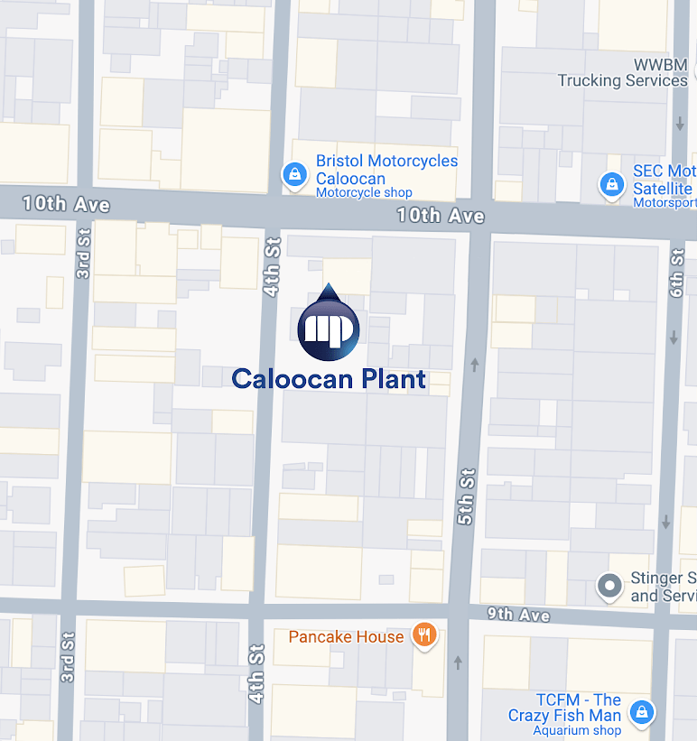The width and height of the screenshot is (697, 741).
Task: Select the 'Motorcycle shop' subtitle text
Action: click(x=364, y=192)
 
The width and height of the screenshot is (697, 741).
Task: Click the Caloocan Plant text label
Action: click(x=329, y=379)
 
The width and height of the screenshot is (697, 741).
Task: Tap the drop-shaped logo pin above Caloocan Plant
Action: click(x=329, y=324)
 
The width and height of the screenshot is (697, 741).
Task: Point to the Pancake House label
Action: click(x=346, y=636)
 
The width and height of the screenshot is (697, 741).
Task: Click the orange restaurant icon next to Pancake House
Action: click(x=424, y=635)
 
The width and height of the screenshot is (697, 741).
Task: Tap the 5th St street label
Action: click(x=466, y=496)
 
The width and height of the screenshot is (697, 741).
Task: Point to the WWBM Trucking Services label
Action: click(x=623, y=72)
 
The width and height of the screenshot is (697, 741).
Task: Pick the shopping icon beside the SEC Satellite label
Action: click(x=612, y=187)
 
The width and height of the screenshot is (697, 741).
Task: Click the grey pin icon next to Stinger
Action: click(x=610, y=588)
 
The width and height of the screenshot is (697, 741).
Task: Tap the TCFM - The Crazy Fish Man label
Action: click(x=565, y=708)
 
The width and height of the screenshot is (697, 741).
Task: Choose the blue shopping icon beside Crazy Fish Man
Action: click(x=642, y=712)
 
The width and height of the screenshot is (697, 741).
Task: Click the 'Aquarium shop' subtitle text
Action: click(x=577, y=730)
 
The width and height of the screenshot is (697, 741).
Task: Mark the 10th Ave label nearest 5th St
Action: click(x=441, y=216)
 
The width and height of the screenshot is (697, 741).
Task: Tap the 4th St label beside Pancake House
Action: click(x=257, y=673)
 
